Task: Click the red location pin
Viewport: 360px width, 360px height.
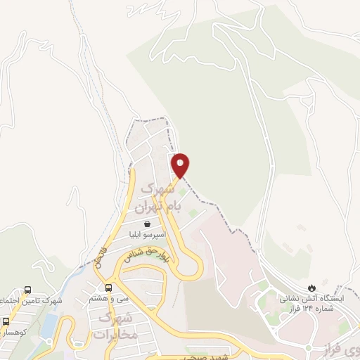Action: click(x=181, y=165)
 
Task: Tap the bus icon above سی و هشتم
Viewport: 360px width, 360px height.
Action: click(x=108, y=287)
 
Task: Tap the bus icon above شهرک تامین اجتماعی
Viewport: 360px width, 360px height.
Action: click(x=27, y=290)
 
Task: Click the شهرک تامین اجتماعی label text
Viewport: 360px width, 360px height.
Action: click(x=32, y=301)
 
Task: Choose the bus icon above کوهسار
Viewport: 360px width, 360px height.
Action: click(x=6, y=321)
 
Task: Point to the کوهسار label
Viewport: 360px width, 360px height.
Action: click(x=14, y=331)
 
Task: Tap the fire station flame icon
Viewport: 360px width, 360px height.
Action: click(x=311, y=288)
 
